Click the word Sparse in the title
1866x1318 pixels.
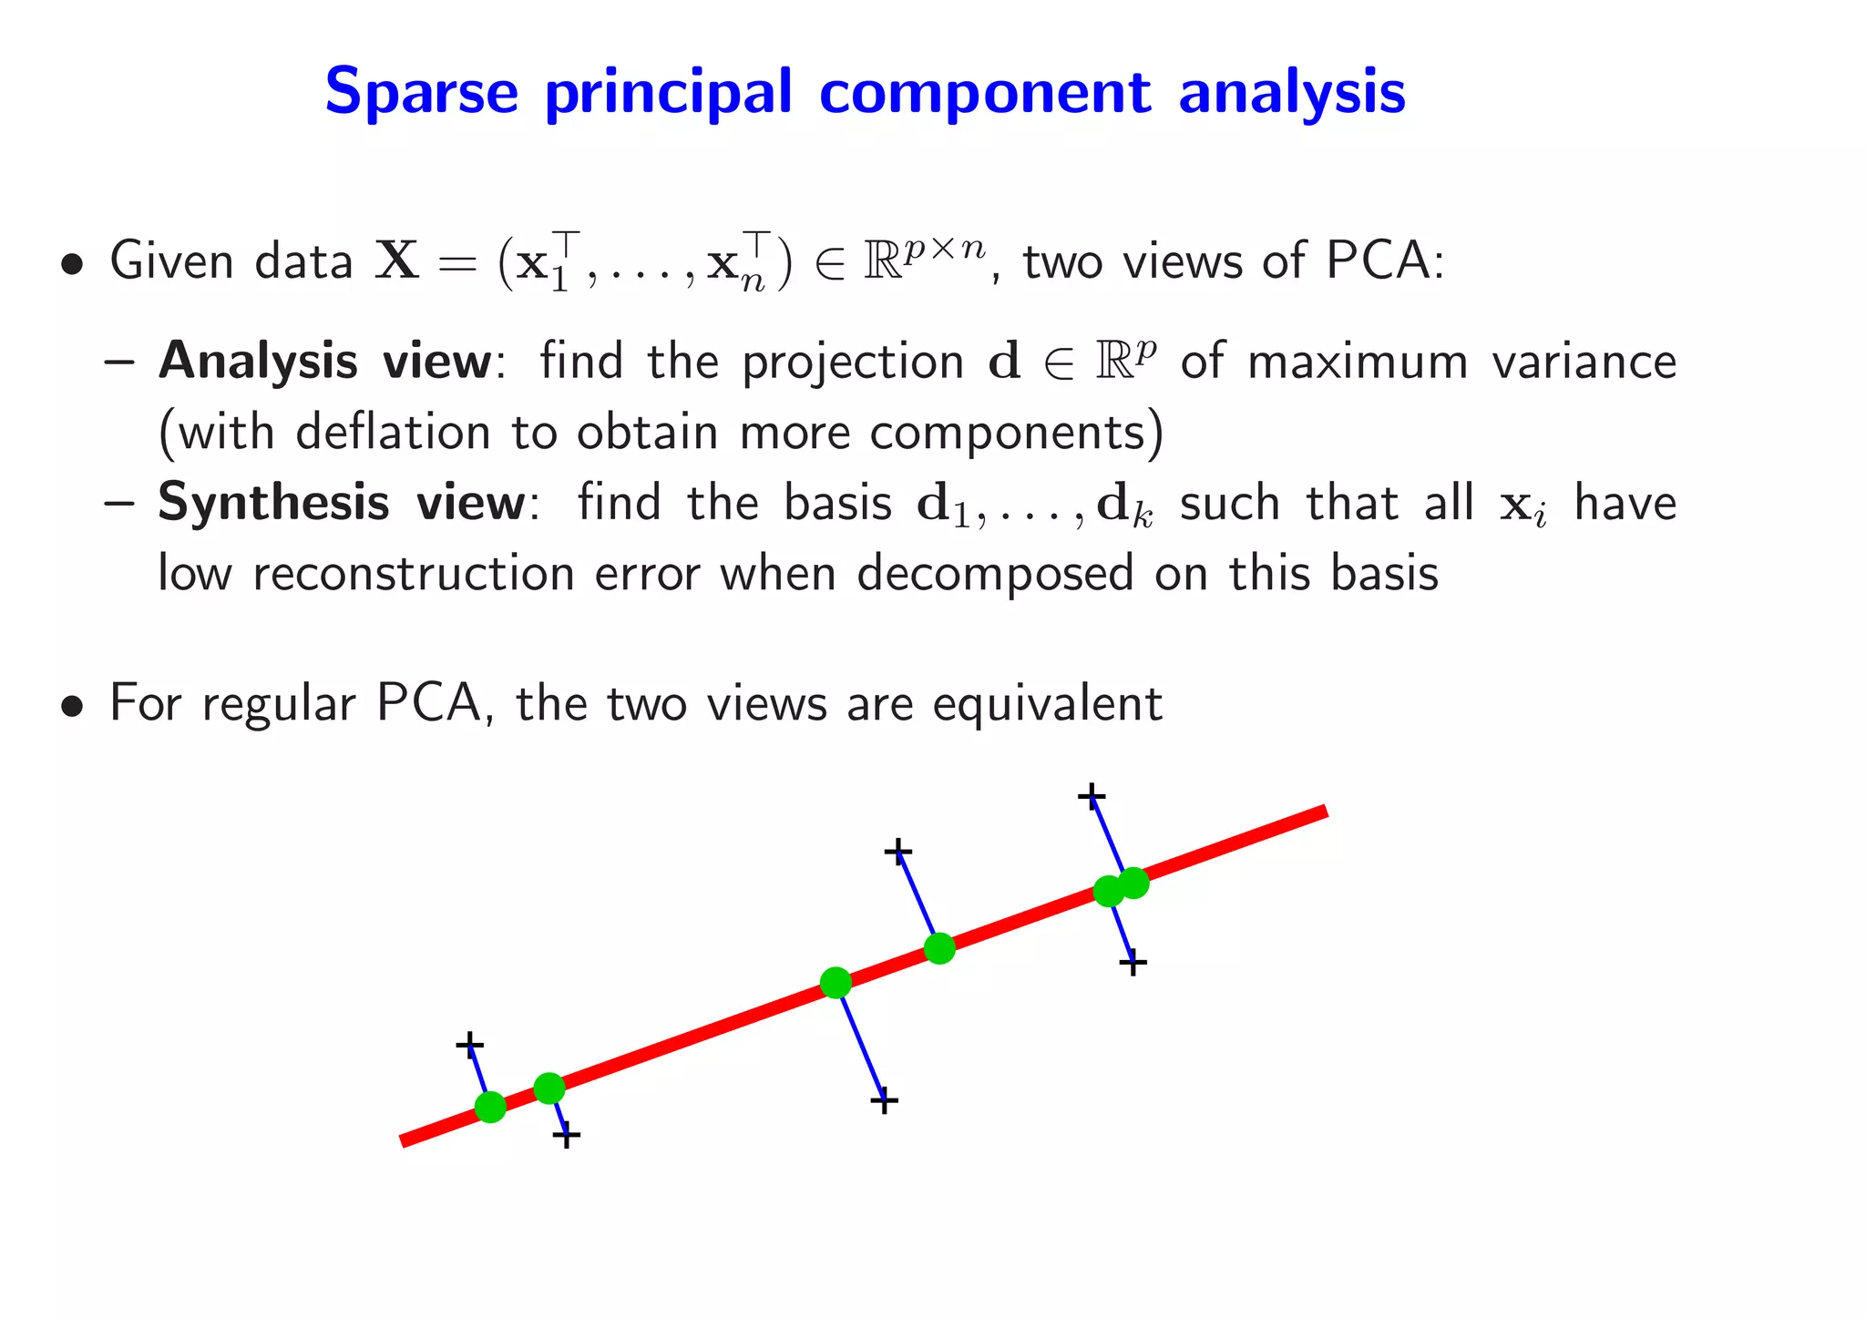421,92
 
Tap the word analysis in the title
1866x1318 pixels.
1291,92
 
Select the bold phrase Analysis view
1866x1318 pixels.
325,362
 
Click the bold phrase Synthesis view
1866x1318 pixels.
342,503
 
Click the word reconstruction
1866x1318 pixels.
413,574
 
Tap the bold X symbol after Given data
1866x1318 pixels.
397,261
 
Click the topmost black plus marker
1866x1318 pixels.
1091,797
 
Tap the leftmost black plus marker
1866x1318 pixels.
469,1044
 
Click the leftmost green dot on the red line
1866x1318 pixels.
490,1107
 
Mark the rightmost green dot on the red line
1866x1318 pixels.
1133,882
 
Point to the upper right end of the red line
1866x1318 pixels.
1323,812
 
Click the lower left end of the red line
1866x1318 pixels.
405,1140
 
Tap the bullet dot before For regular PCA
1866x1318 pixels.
70,707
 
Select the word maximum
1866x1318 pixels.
1358,362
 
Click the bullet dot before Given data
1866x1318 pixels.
70,265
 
